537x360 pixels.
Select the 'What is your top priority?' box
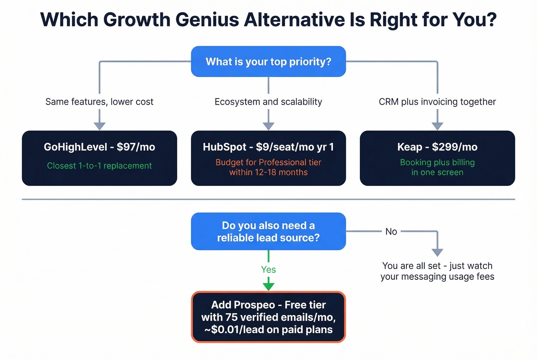[268, 61]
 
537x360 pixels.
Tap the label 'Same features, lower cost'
[99, 102]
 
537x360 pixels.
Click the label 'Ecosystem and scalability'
[268, 102]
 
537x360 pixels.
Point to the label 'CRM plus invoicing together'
[437, 102]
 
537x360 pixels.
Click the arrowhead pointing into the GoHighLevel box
[100, 126]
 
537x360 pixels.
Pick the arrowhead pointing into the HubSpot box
[268, 126]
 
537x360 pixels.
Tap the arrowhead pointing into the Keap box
[437, 126]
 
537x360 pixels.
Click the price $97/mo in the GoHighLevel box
[136, 147]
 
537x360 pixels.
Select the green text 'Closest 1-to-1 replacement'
[99, 166]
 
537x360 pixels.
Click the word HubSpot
[224, 147]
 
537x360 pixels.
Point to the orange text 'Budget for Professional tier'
[268, 162]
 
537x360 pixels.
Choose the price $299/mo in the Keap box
[455, 147]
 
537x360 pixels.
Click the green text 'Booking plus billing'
[437, 162]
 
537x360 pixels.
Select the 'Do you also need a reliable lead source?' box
[268, 231]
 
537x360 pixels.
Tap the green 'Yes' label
[268, 270]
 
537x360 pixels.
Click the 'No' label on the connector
[391, 232]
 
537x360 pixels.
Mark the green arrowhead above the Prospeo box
[268, 286]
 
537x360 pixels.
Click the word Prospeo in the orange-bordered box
[254, 305]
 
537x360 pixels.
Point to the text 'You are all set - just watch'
[437, 266]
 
